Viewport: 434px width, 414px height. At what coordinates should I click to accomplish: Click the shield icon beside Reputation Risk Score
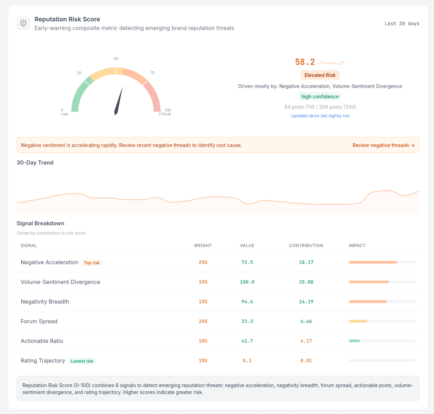24,23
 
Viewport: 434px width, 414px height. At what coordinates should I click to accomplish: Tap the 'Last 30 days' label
402,24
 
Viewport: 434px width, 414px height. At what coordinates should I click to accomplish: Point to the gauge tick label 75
153,73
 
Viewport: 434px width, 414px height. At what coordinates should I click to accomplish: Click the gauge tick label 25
79,73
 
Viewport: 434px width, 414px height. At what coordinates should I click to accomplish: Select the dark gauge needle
119,101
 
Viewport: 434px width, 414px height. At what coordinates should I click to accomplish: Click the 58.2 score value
305,62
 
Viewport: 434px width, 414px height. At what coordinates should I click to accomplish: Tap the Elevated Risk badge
320,75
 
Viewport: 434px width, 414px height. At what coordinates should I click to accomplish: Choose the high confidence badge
320,97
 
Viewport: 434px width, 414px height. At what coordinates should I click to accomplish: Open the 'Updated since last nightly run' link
320,116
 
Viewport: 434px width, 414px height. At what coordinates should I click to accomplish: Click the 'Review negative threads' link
383,145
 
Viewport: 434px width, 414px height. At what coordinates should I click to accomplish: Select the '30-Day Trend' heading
35,163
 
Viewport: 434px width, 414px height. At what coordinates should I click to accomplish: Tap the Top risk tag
92,263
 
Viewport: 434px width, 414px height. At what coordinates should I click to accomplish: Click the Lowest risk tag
82,361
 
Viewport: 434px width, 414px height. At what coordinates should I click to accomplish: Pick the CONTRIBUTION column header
306,246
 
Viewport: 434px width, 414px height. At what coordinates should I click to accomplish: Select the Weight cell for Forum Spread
203,321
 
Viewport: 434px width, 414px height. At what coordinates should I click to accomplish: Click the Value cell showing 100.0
247,282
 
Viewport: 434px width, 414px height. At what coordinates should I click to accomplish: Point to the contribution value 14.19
306,302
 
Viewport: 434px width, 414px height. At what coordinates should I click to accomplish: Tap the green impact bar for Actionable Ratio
354,341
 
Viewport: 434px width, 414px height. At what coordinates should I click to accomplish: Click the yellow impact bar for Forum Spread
358,321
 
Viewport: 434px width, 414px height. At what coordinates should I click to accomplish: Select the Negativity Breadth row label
45,302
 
